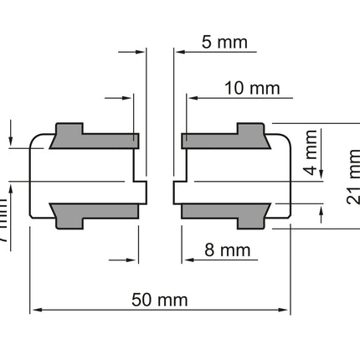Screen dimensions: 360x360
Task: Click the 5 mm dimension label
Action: point(219,43)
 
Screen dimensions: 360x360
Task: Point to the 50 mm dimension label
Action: point(160,300)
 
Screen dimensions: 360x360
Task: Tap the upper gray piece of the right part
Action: point(225,136)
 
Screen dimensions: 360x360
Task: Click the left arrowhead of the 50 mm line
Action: point(36,312)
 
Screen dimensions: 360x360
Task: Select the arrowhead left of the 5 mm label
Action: point(178,52)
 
